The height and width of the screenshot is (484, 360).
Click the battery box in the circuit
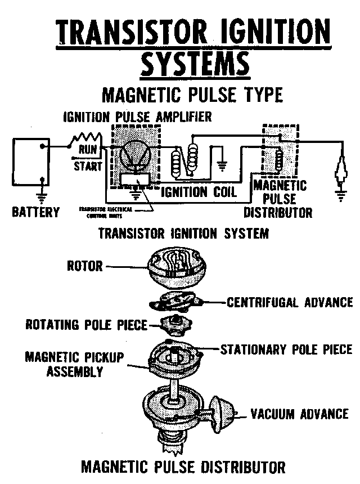(x=29, y=163)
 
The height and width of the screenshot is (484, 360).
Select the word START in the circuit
(x=88, y=166)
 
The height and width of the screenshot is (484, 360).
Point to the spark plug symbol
(x=340, y=169)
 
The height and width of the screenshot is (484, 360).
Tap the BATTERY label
(x=35, y=212)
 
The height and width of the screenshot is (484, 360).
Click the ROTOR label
(x=84, y=265)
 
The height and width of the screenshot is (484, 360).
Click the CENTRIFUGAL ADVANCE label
(x=289, y=302)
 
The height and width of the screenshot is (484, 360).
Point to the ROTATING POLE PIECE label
(x=86, y=325)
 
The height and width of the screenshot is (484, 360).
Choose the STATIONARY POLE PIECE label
(x=286, y=349)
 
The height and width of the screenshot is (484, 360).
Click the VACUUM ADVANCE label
(x=299, y=414)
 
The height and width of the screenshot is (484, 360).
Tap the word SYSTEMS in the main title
(x=195, y=64)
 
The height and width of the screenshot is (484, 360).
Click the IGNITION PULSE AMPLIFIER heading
(x=137, y=117)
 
